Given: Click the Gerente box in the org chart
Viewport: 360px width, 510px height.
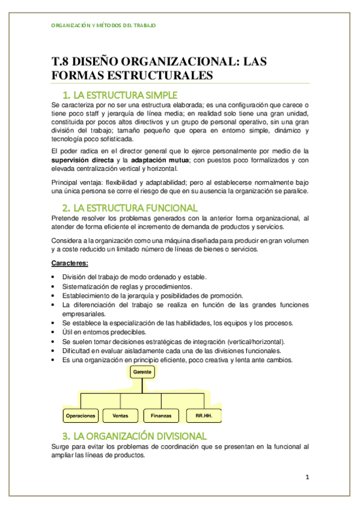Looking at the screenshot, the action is coord(143,372).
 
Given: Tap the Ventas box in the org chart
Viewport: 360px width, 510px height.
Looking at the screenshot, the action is coord(120,416).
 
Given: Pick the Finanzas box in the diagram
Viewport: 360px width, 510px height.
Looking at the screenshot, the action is coord(161,416).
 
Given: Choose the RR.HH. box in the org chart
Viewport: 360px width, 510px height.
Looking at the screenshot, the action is coord(204,416).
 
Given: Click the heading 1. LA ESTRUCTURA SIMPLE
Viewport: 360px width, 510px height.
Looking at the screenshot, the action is coord(121,95).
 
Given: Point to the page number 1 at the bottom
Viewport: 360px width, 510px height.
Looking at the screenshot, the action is coord(307,478).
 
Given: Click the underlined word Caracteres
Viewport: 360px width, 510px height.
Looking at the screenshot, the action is coord(70,263).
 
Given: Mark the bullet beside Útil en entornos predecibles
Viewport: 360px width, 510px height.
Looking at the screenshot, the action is coord(54,332).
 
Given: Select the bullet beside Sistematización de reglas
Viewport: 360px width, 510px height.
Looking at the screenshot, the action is coord(54,286).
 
